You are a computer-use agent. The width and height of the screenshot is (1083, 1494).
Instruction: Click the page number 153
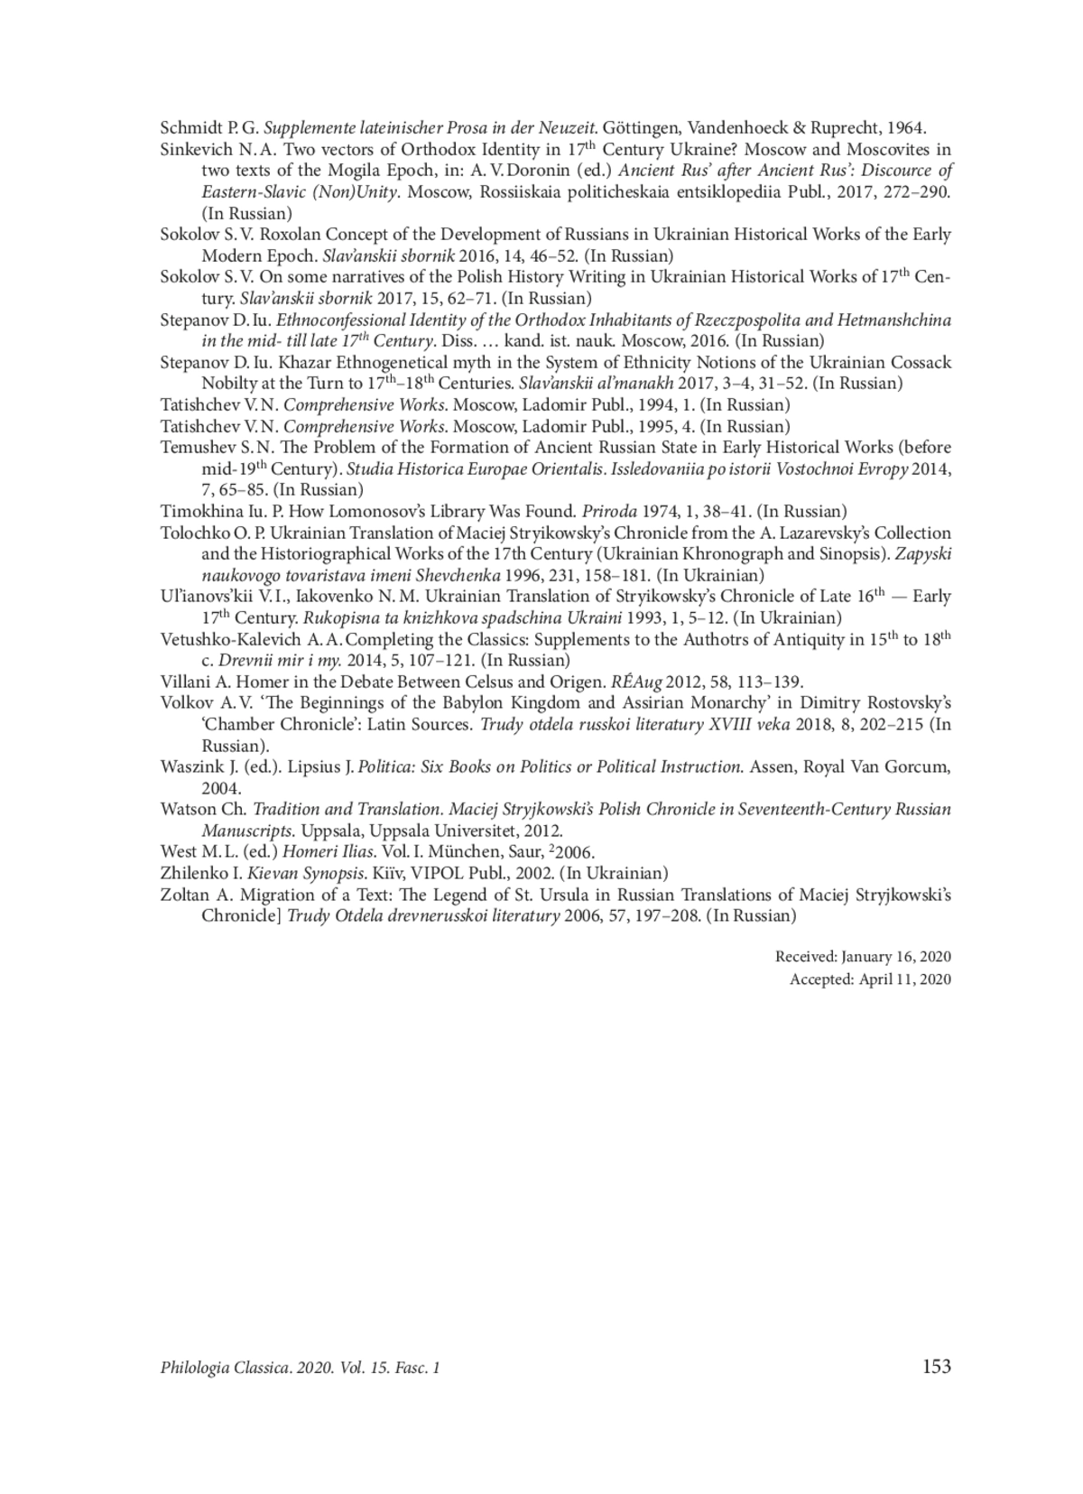pos(937,1367)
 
